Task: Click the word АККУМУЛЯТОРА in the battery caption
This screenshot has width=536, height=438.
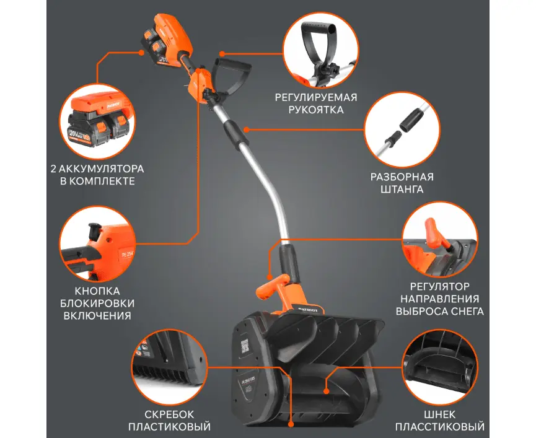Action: [102, 169]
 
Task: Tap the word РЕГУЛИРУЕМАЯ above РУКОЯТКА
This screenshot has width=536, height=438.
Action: [316, 97]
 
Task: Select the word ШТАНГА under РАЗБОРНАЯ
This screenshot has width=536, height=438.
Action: [402, 190]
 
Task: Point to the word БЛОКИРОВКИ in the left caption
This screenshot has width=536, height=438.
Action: [97, 304]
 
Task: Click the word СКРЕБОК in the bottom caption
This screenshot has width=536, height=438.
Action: [169, 414]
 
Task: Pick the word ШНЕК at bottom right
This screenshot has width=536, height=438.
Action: [439, 414]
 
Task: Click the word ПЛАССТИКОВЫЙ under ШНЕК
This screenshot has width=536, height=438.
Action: [440, 427]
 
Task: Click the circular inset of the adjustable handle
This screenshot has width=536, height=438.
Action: [321, 51]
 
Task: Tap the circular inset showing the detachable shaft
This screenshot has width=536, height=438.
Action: [402, 129]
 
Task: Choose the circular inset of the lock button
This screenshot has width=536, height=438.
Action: [97, 244]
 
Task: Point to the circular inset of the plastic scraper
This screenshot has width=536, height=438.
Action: [170, 367]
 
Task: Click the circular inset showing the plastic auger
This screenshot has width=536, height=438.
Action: [440, 367]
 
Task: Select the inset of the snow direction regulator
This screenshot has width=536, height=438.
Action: [440, 240]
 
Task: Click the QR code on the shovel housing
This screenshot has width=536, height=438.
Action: [245, 346]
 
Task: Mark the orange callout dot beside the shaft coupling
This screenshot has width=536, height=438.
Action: [247, 129]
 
